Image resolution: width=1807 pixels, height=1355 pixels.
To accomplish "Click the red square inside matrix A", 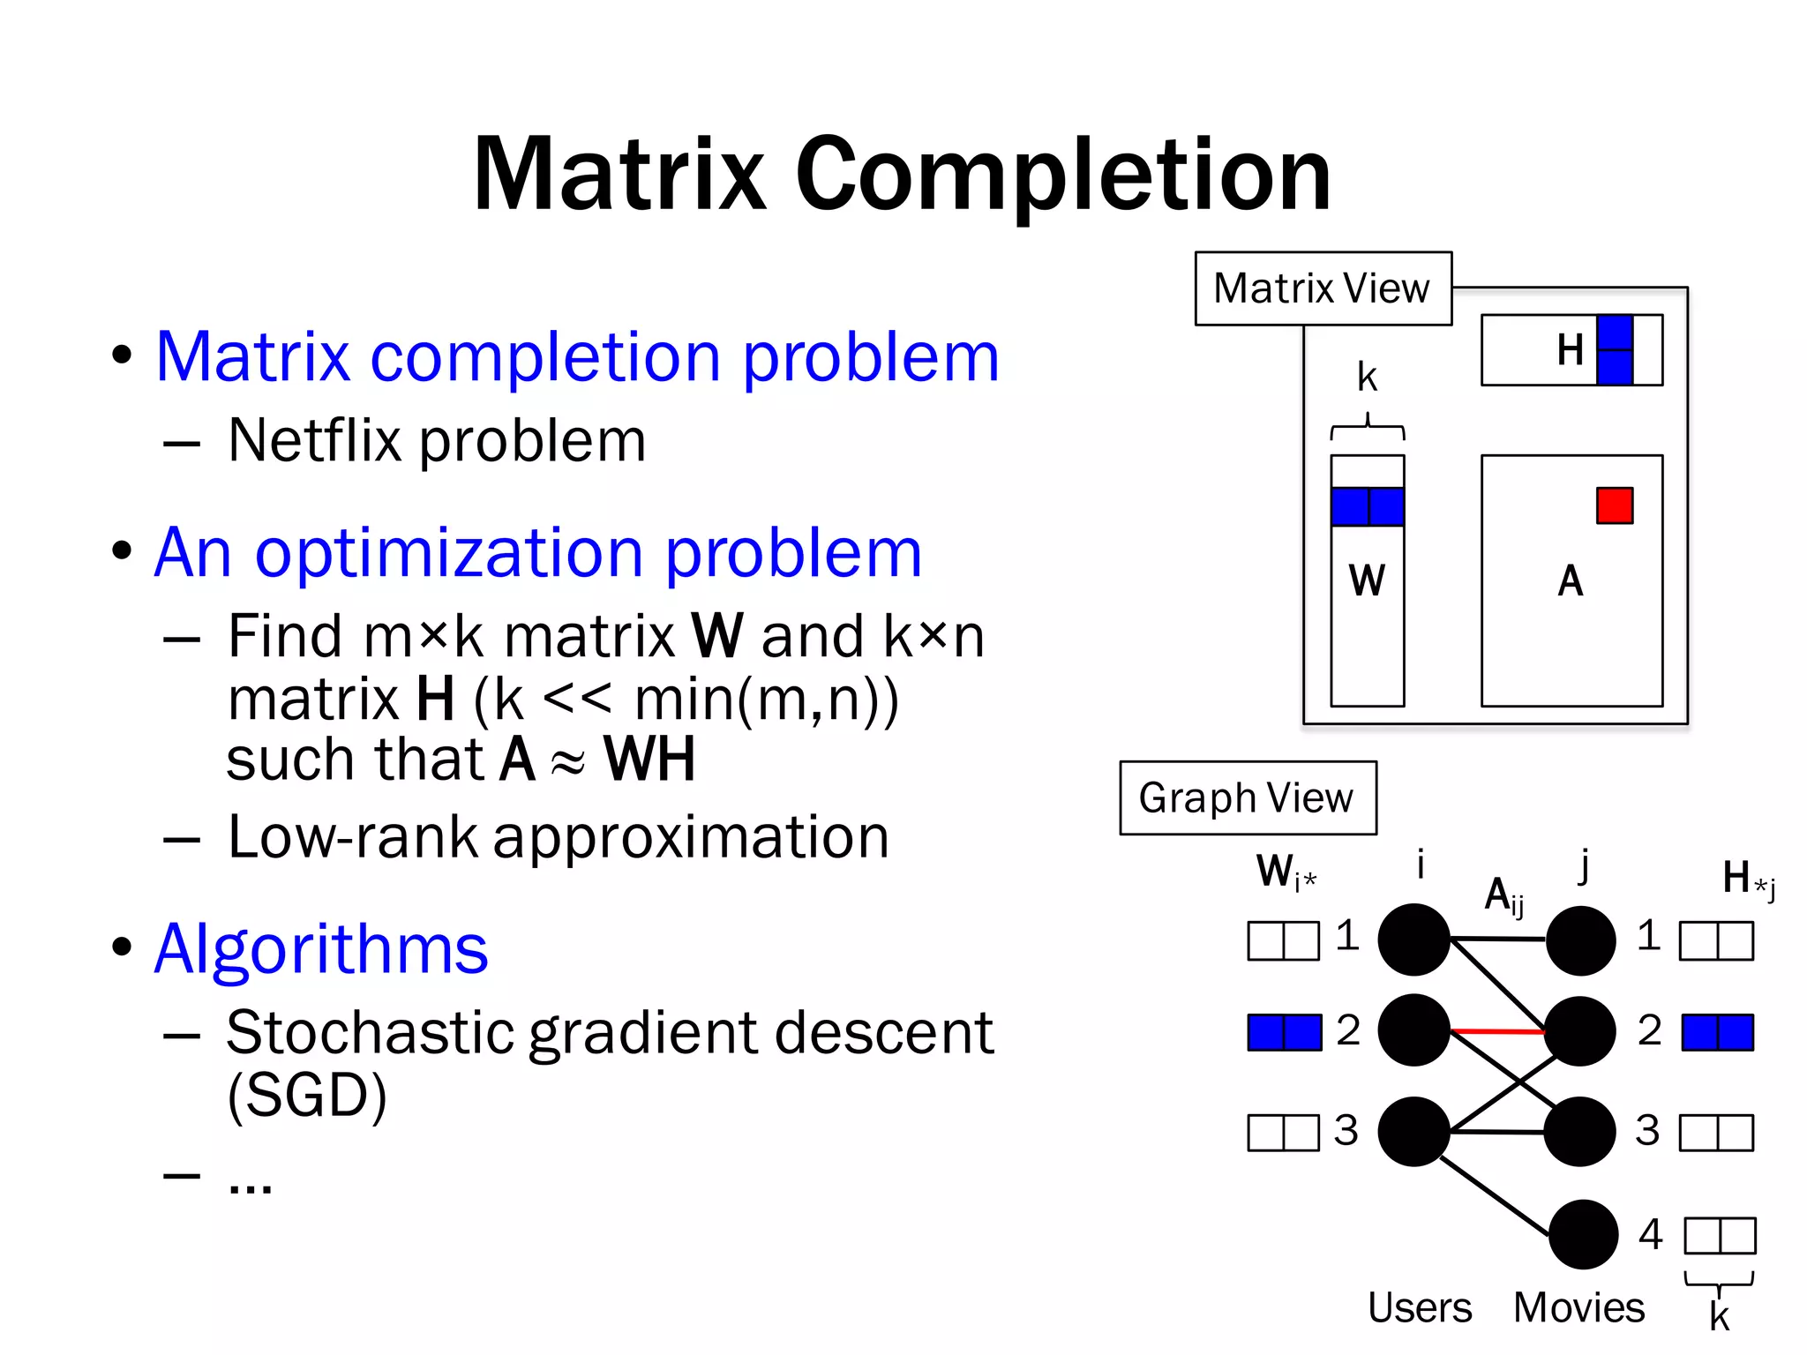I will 1614,505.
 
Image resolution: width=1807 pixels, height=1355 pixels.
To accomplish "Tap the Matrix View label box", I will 1322,288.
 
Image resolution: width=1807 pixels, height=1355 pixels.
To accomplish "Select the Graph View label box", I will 1247,797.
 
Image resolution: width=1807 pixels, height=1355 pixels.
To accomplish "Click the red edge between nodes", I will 1497,1030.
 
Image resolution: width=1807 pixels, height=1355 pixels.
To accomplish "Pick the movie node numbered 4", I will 1583,1233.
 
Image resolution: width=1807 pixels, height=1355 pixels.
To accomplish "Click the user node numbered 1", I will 1414,940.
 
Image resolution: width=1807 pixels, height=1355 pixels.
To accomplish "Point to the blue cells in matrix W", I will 1367,506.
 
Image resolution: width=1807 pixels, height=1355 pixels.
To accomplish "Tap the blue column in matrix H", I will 1614,350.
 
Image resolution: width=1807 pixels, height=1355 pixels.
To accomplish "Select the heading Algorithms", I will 321,948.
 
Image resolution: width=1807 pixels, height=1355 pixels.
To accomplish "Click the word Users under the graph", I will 1419,1307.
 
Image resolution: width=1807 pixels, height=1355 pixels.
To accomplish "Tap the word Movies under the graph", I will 1578,1307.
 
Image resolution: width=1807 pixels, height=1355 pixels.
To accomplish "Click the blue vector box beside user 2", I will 1284,1032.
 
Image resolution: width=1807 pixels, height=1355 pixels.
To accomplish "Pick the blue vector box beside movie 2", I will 1717,1032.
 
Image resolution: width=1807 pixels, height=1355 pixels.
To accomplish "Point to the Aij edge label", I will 1503,896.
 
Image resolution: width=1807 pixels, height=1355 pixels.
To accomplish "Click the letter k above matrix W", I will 1367,378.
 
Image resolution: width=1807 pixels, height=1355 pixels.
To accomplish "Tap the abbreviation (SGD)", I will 307,1095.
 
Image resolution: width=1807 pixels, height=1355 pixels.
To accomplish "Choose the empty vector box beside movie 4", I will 1720,1235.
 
